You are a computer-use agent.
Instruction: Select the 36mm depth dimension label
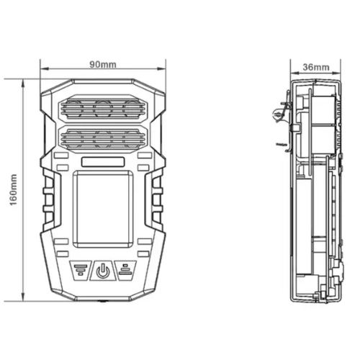pyautogui.click(x=315, y=67)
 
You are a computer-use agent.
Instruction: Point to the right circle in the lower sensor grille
pyautogui.click(x=132, y=138)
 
